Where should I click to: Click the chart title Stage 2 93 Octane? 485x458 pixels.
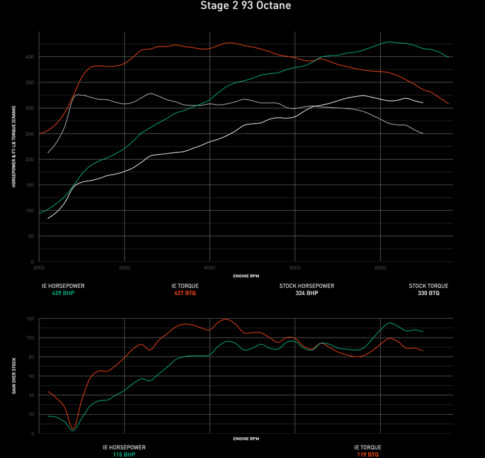pos(245,6)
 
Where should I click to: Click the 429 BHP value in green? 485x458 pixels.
pos(63,294)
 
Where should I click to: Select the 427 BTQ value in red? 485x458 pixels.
pos(185,294)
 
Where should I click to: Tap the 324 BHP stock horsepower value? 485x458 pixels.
pos(307,294)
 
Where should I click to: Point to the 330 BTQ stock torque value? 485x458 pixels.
pos(429,294)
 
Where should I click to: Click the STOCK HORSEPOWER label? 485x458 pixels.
pos(307,286)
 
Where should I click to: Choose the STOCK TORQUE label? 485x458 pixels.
pos(429,286)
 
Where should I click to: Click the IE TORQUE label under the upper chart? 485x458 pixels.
pos(185,286)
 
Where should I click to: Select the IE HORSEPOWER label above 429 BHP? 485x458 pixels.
pos(63,286)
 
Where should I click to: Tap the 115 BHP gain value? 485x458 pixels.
pos(124,454)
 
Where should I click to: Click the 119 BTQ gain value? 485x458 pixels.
pos(368,454)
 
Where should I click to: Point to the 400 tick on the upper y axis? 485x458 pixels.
pos(29,57)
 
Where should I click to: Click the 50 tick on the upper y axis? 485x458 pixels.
pos(30,236)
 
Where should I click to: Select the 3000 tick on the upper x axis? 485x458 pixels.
pos(124,268)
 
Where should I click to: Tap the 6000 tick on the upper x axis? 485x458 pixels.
pos(380,268)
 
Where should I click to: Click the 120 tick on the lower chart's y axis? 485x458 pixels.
pos(29,319)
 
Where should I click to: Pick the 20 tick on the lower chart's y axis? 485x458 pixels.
pos(30,414)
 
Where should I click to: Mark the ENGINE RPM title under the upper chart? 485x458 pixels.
pos(245,276)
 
